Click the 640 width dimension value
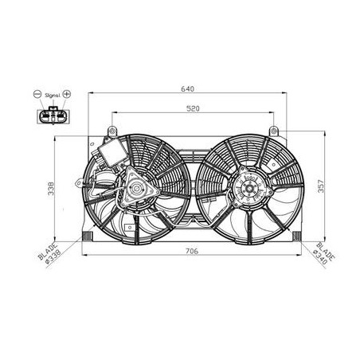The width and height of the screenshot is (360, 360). tap(187, 88)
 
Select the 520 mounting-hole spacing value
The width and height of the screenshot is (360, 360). tap(193, 108)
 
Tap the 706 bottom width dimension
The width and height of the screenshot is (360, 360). tap(192, 251)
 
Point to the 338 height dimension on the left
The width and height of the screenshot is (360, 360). tap(51, 189)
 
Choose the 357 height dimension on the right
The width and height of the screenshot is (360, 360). tap(321, 186)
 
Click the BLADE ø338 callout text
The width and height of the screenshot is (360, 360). tap(50, 253)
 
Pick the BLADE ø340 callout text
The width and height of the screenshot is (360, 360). tap(324, 253)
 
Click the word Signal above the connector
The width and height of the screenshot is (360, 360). tap(53, 96)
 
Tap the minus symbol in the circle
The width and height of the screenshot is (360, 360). tap(37, 94)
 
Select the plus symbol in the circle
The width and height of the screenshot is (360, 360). tap(67, 94)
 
